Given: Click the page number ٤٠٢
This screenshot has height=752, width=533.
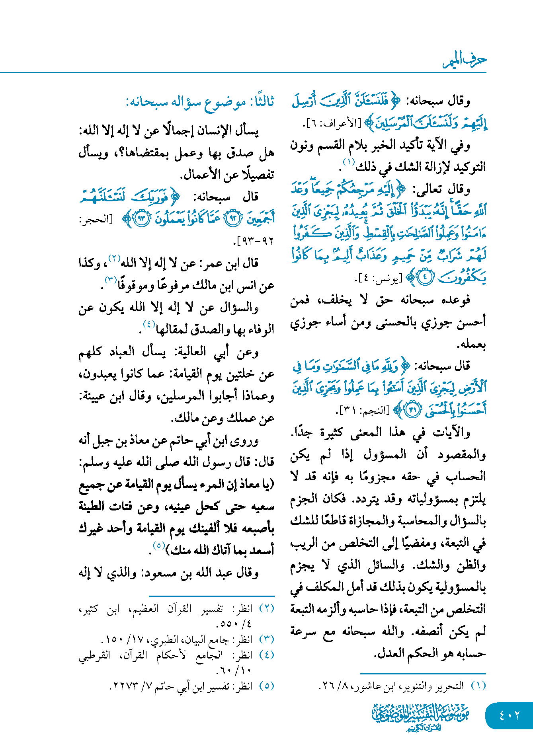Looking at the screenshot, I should pos(509,715).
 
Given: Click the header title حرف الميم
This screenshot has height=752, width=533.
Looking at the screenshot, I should pos(465,60).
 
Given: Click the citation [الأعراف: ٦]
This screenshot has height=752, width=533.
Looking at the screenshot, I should pos(334,123).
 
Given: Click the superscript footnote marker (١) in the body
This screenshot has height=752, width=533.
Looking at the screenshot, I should pos(349,162).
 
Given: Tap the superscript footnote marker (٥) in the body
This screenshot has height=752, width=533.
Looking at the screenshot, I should pos(159,545).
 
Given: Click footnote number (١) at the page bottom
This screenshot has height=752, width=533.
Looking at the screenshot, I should pos(478,686).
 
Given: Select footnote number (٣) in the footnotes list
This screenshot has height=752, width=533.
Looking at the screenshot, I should pos(267,639).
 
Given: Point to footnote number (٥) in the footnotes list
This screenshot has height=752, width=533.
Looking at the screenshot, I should pos(267,686).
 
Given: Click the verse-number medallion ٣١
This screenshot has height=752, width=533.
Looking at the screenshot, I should pos(413,410).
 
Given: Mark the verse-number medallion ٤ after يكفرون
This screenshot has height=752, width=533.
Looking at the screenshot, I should pos(425,278).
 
